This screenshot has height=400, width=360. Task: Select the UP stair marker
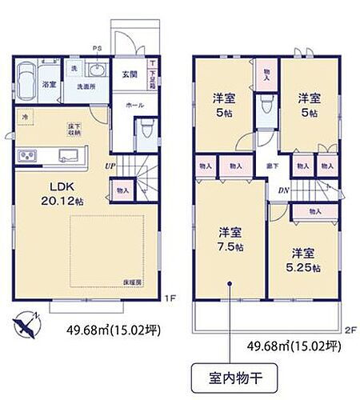[110, 166]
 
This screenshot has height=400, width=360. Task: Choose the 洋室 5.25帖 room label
[304, 255]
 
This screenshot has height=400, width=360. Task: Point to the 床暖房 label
[134, 282]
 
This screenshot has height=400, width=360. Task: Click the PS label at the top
[98, 47]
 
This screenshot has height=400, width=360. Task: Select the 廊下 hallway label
[273, 166]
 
